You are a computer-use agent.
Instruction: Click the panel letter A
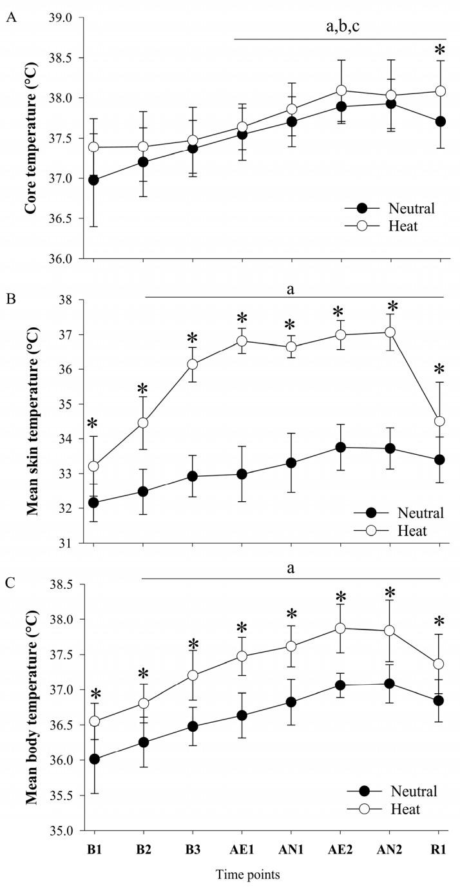pyautogui.click(x=10, y=18)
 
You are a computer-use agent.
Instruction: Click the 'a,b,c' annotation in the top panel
pyautogui.click(x=340, y=27)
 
